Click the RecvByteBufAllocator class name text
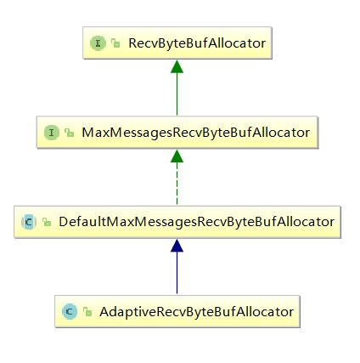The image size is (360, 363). coord(197,43)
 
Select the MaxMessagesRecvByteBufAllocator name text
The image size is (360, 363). coord(196,133)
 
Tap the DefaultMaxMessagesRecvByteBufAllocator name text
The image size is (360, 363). coord(197,222)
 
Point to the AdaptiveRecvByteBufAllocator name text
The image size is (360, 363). coord(196,312)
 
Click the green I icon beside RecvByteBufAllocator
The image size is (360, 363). coord(98,43)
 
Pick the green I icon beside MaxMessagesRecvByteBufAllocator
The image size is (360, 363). coord(52,133)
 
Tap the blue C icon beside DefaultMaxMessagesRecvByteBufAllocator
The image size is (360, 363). coord(29,222)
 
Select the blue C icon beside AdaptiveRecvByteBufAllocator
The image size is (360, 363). coord(70,311)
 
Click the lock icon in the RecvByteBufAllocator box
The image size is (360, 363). coord(115,43)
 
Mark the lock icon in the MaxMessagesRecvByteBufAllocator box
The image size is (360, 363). coord(69,133)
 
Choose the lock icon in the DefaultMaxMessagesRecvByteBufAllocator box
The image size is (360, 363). coord(47,222)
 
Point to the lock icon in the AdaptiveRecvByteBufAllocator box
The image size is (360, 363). coord(87,312)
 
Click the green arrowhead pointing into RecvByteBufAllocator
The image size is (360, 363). coord(177,66)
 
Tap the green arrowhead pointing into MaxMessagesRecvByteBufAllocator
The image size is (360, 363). coord(177,156)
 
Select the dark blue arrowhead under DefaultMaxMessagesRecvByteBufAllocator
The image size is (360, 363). coord(177,246)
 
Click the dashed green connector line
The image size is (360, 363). coord(177,184)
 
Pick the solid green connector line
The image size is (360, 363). coord(177,94)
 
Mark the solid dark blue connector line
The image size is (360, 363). coord(177,273)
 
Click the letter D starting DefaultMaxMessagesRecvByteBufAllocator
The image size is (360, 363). coord(64,222)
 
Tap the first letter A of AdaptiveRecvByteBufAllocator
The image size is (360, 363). coord(104,312)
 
